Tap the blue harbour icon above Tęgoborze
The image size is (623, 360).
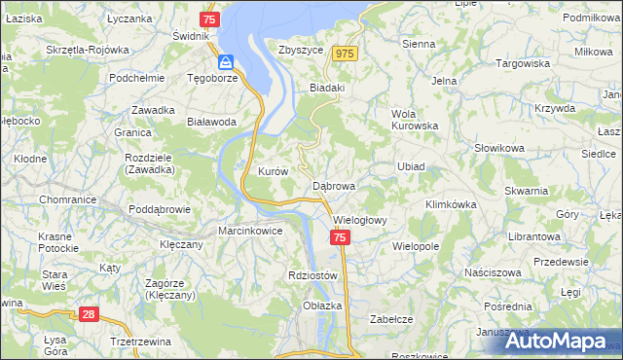pyautogui.click(x=225, y=61)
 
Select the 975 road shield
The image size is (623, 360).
pyautogui.click(x=345, y=54)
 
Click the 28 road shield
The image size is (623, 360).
pyautogui.click(x=88, y=314)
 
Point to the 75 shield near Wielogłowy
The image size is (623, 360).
pyautogui.click(x=339, y=238)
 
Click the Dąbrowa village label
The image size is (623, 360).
pyautogui.click(x=334, y=185)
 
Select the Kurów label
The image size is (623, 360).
pyautogui.click(x=273, y=171)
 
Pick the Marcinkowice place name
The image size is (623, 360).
pyautogui.click(x=250, y=231)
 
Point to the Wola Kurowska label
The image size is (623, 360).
pyautogui.click(x=415, y=119)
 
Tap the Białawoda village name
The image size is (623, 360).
pyautogui.click(x=211, y=122)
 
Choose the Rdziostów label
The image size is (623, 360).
pyautogui.click(x=312, y=275)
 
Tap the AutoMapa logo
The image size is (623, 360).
pyautogui.click(x=561, y=341)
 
